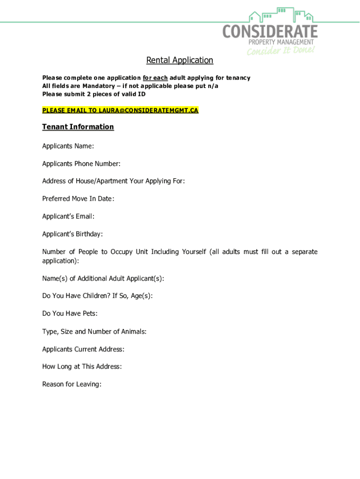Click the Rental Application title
(180, 60)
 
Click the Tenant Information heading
(78, 127)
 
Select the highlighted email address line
(120, 110)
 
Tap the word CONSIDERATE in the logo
(270, 32)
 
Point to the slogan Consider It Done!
(281, 50)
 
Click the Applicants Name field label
(68, 146)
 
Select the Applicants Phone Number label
(81, 164)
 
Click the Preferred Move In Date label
(78, 199)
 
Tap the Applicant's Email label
(68, 217)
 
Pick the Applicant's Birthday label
(72, 234)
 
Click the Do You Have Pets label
(70, 313)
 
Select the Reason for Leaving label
(72, 384)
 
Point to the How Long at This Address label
(82, 366)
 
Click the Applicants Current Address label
(83, 349)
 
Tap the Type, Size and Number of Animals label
(94, 332)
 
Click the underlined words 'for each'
(155, 78)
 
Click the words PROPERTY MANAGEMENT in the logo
(281, 42)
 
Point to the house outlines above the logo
(281, 15)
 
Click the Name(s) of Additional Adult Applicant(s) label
(103, 279)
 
